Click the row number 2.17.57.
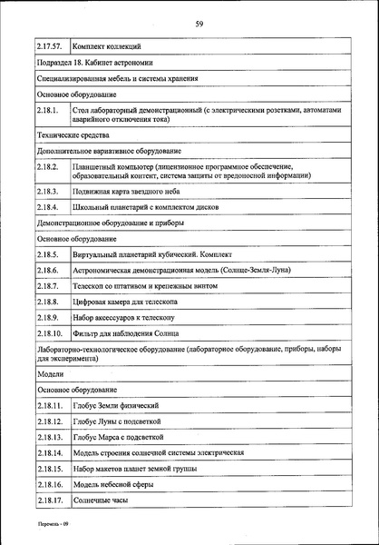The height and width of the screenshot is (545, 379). click(50, 45)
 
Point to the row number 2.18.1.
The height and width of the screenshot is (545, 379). click(48, 114)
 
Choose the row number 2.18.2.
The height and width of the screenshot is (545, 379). click(48, 171)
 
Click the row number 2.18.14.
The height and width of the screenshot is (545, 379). click(50, 452)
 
